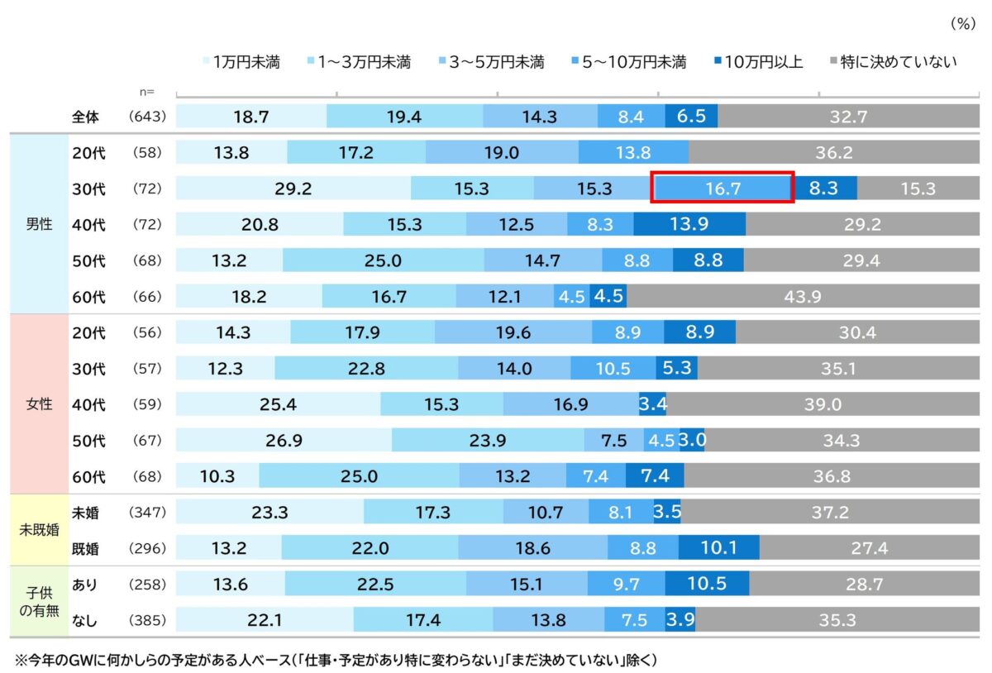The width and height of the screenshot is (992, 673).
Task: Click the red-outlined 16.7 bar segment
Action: point(723,189)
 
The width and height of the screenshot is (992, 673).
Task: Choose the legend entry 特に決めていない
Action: point(892,62)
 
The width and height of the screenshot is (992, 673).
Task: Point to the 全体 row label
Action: point(85,117)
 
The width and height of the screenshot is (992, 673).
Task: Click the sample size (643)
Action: point(148,117)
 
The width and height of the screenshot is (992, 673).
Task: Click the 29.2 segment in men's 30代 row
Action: point(293,189)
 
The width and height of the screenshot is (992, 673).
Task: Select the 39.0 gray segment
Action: point(823,404)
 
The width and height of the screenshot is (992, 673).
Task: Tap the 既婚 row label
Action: point(85,548)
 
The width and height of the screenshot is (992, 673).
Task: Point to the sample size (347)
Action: point(148,513)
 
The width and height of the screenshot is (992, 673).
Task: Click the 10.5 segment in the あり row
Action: point(707,584)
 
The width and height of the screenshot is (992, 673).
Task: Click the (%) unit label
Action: point(961,24)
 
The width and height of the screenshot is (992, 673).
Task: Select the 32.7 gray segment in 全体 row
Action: point(848,117)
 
